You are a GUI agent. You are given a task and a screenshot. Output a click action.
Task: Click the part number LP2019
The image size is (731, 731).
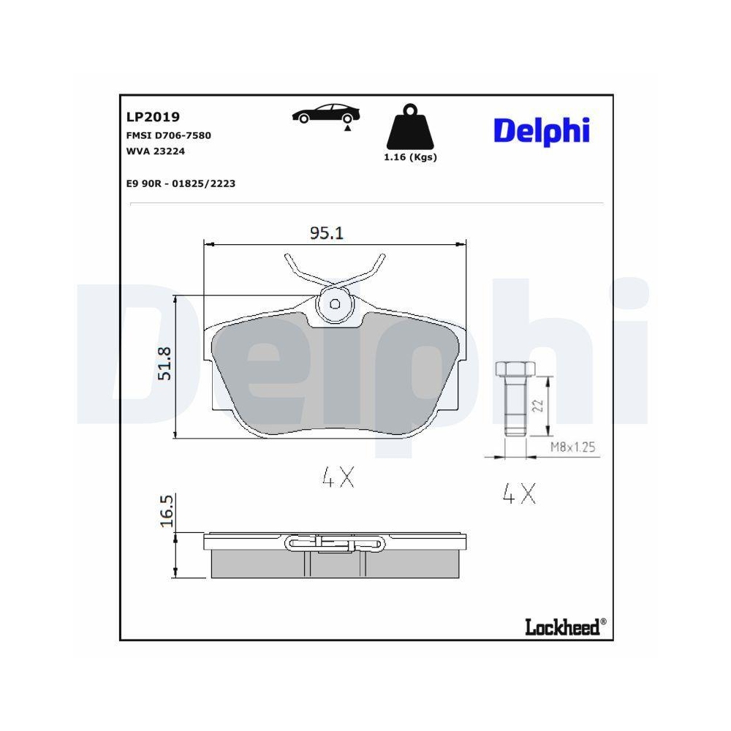click(x=153, y=116)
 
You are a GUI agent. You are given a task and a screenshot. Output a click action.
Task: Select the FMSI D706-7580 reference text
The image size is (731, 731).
click(x=168, y=135)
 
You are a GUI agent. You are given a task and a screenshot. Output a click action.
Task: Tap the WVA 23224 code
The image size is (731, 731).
click(x=155, y=151)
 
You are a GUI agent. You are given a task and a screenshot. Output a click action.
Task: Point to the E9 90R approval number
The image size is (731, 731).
click(x=181, y=183)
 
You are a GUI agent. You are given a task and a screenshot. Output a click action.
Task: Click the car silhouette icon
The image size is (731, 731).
click(x=326, y=113)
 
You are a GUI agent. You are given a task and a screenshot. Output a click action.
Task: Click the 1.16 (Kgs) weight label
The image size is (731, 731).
click(x=410, y=157)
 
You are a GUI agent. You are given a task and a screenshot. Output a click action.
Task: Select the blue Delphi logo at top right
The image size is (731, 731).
click(x=542, y=131)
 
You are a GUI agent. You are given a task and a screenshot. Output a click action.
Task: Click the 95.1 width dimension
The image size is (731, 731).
click(x=326, y=232)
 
